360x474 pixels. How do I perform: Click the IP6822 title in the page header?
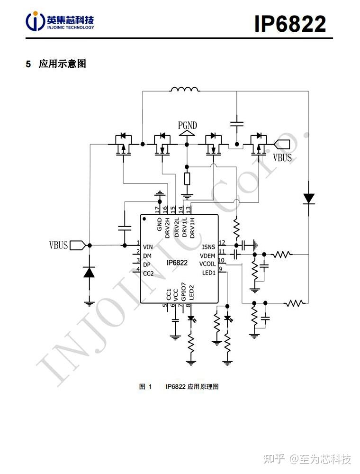(290, 23)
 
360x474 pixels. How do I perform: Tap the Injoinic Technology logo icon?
(36, 21)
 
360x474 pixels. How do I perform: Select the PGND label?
(188, 126)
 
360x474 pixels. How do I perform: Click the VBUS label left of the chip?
(59, 245)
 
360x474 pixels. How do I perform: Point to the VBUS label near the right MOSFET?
(283, 157)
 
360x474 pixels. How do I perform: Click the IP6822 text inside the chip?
(177, 263)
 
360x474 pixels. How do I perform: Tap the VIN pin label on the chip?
(148, 247)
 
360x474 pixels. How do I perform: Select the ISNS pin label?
(208, 247)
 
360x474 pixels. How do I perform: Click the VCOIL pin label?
(207, 264)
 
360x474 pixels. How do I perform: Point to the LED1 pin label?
(209, 273)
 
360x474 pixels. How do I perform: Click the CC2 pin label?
(148, 273)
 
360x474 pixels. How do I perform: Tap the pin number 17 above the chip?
(158, 209)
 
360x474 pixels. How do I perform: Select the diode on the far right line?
(309, 198)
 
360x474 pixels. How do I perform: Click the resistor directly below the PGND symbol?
(187, 179)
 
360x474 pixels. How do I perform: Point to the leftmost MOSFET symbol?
(124, 145)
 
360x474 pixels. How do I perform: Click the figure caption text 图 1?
(145, 387)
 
